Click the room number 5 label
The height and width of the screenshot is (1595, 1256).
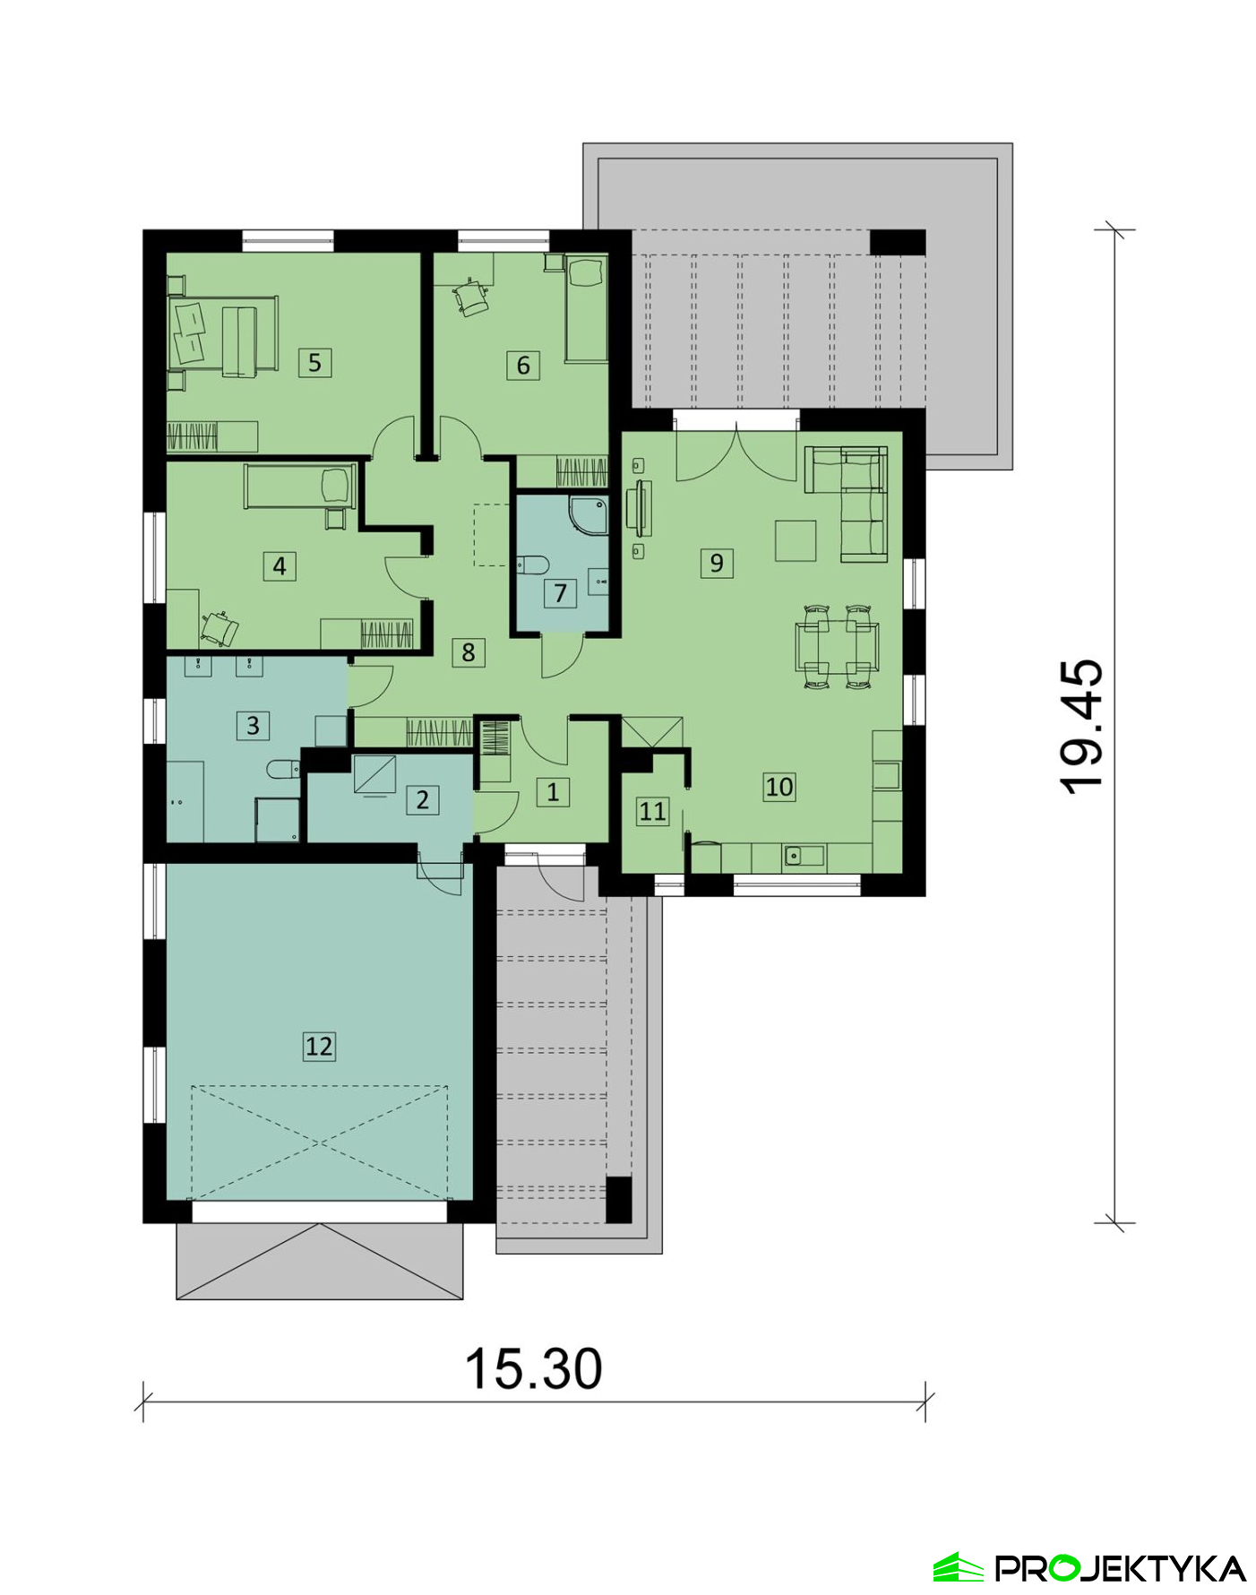314,362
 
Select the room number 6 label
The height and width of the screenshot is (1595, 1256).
523,365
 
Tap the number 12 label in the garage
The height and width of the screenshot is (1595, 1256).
319,1046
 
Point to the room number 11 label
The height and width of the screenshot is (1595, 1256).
652,811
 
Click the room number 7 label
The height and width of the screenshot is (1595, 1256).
560,592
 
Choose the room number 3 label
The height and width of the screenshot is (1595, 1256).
253,725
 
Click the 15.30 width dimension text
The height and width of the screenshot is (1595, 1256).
534,1369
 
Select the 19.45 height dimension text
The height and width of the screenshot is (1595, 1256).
1080,726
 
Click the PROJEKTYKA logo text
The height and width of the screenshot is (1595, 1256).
1121,1568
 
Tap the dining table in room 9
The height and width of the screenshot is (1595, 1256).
837,646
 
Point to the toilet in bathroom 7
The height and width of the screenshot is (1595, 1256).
532,565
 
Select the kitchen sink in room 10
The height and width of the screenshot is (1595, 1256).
804,856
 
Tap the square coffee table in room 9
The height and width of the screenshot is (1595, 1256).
796,540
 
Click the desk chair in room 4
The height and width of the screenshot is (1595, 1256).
220,628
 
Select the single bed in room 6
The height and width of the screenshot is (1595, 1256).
587,309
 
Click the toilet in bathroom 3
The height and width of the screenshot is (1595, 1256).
283,769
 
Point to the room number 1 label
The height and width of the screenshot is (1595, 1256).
553,791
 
